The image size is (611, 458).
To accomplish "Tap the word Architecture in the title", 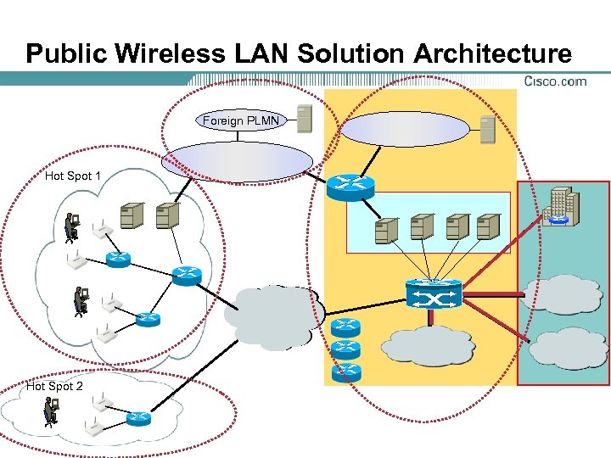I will (492, 54).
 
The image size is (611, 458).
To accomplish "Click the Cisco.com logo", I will (555, 81).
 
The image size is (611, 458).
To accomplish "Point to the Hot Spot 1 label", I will (73, 176).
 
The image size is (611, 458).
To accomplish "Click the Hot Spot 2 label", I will (55, 387).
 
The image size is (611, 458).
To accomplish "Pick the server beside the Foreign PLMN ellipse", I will (303, 120).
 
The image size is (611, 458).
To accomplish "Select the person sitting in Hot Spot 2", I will (50, 411).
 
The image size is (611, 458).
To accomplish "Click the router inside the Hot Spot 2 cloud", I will (139, 417).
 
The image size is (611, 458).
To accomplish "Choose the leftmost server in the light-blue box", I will (386, 226).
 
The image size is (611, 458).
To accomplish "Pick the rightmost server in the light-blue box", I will (487, 226).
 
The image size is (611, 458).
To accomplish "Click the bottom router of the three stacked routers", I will (346, 371).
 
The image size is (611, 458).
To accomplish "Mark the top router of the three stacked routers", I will (346, 327).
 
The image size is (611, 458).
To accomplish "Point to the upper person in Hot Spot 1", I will (72, 226).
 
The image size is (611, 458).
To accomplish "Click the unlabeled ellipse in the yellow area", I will (406, 130).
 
